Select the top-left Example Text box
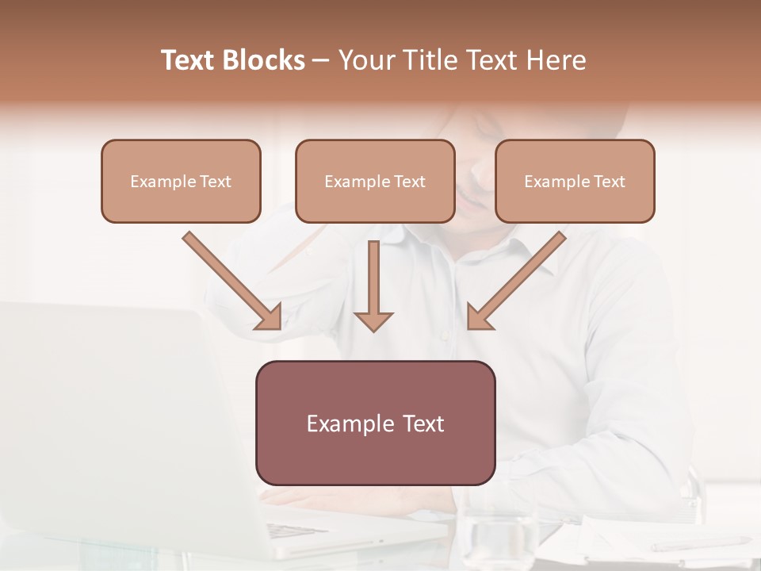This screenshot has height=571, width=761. click(181, 182)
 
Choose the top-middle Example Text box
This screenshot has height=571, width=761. click(375, 182)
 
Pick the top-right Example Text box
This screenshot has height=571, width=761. click(575, 182)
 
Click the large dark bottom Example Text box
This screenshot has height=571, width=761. click(375, 423)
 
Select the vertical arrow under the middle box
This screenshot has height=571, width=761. click(373, 282)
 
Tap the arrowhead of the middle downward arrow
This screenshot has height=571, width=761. click(373, 321)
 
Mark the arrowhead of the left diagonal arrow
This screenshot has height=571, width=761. click(270, 317)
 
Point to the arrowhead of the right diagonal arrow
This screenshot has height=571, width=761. click(478, 317)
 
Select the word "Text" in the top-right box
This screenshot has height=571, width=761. click(609, 182)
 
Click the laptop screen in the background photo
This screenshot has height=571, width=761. click(103, 412)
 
